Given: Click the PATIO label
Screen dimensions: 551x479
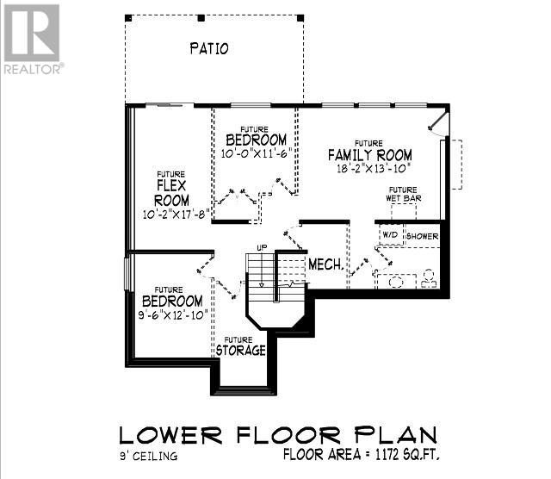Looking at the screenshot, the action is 209,48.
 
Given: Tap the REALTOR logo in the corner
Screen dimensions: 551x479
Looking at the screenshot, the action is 33,39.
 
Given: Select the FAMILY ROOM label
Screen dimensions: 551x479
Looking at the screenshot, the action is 370,155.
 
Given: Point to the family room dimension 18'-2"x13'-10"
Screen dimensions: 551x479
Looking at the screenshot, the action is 374,169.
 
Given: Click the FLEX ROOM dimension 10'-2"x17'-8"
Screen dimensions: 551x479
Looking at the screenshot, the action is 176,215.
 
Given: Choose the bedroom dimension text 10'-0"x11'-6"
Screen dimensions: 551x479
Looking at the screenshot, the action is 257,153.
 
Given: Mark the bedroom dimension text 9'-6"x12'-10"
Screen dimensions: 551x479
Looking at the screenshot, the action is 173,314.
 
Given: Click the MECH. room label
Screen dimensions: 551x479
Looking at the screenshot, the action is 326,264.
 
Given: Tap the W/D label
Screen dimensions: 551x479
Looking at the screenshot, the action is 390,234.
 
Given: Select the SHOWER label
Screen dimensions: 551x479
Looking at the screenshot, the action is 423,236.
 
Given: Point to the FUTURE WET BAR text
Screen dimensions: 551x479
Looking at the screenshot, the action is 404,194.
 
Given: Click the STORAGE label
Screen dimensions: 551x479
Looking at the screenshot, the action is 241,351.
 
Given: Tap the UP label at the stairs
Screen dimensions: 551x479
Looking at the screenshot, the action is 262,247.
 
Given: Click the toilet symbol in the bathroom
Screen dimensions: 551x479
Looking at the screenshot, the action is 429,278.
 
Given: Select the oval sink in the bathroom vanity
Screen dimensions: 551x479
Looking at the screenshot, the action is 396,282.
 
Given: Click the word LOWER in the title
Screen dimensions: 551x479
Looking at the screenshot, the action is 170,435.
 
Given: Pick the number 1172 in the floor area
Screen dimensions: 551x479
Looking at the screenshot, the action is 387,455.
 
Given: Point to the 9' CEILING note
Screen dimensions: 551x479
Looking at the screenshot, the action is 149,456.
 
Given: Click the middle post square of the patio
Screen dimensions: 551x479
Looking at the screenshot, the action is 201,18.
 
